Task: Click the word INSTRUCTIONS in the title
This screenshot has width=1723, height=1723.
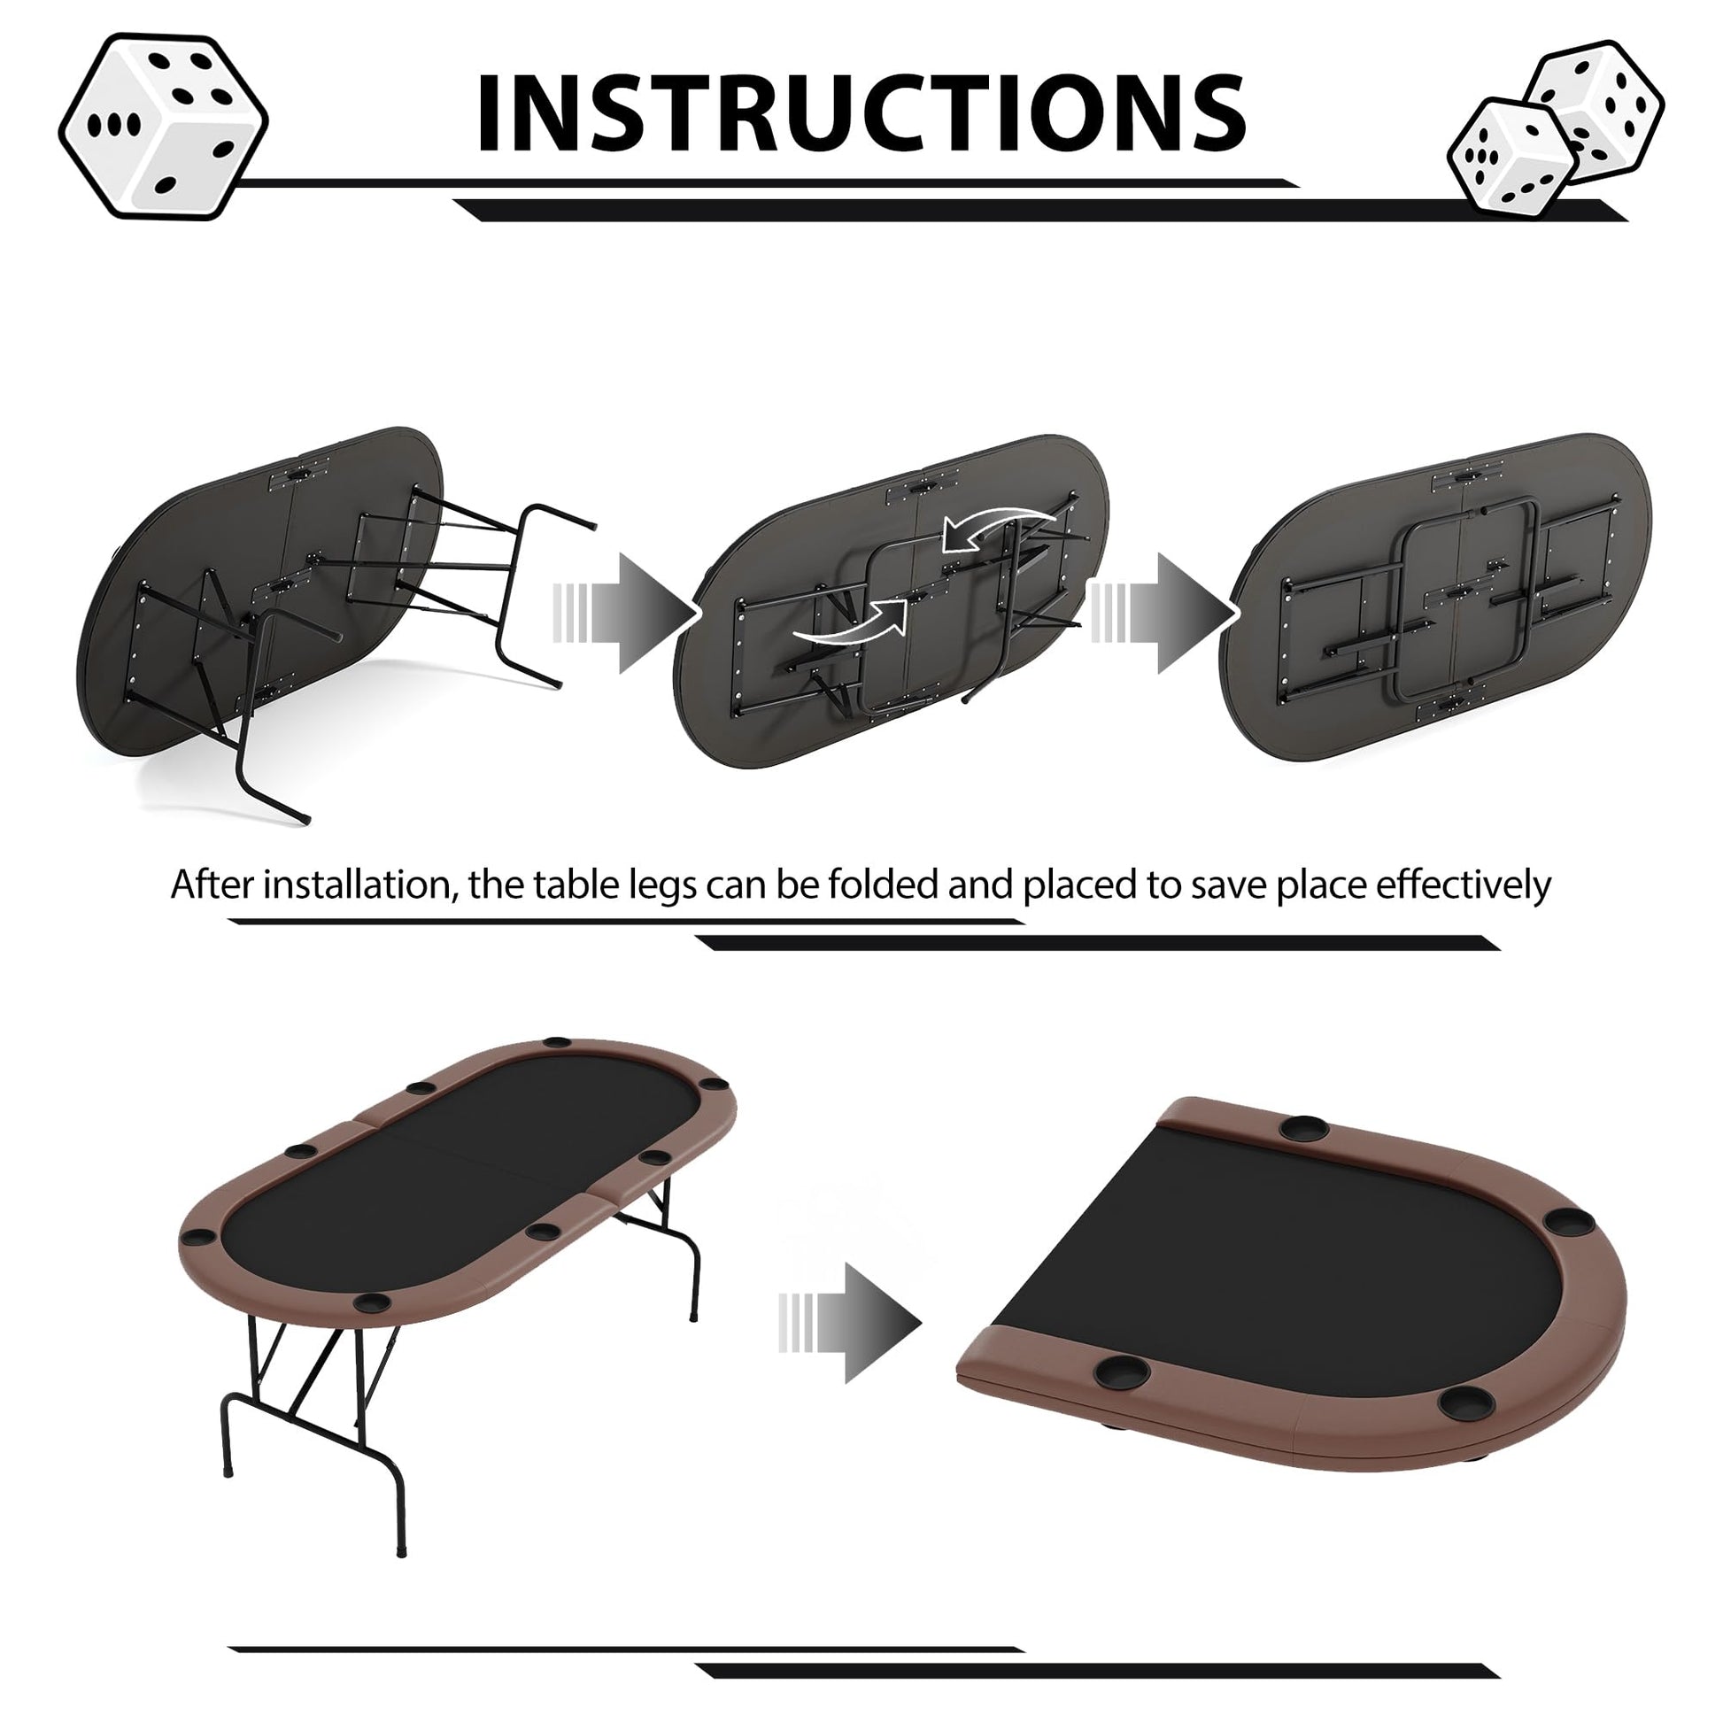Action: pyautogui.click(x=861, y=112)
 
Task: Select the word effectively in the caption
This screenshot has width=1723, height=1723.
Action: pyautogui.click(x=1464, y=885)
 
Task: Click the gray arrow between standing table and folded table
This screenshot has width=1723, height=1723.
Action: pyautogui.click(x=849, y=1324)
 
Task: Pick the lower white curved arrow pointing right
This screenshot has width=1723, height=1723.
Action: pyautogui.click(x=849, y=622)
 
